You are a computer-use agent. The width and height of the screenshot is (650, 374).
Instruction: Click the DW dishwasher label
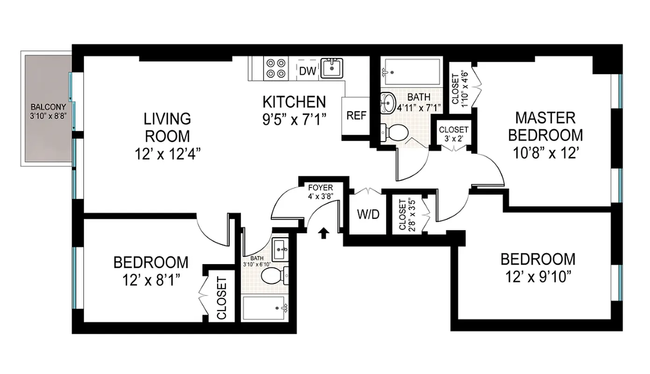coord(307,71)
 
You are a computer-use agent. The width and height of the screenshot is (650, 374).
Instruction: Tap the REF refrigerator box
coord(356,115)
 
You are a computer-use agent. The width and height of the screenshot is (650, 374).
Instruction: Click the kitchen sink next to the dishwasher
coord(331,68)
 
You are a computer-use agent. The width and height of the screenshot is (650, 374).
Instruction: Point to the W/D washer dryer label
coord(368,215)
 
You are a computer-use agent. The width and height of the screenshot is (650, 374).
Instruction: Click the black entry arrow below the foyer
coord(322,232)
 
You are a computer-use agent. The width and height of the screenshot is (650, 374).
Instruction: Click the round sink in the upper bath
coord(388,102)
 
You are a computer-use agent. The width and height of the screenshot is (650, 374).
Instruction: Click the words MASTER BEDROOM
coord(545,126)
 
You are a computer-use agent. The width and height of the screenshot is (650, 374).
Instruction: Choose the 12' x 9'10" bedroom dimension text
coord(538,277)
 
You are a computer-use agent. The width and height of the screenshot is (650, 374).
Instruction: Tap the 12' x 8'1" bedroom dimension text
coord(151,280)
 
